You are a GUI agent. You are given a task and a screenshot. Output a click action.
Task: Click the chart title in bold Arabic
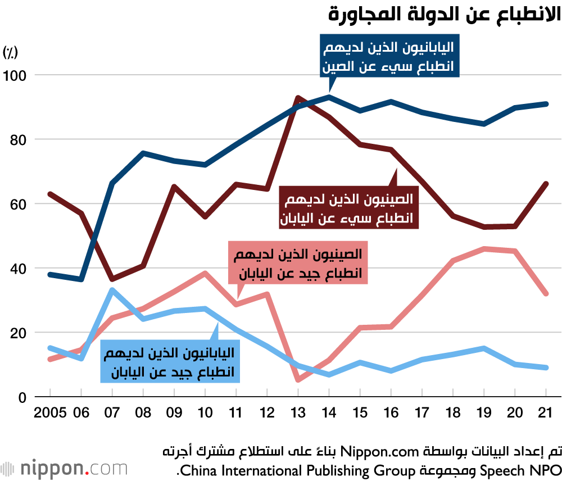(x=444, y=13)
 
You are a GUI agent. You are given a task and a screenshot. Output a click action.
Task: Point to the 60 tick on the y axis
(x=18, y=204)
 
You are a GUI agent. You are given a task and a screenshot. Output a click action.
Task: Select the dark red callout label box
(x=349, y=208)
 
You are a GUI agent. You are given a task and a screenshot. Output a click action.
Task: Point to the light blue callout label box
(x=169, y=362)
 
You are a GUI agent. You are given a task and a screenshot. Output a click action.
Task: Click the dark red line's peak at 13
(x=298, y=98)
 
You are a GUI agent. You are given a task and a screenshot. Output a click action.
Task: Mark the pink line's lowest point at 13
(x=298, y=380)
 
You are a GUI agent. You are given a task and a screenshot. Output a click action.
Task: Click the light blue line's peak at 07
(x=112, y=290)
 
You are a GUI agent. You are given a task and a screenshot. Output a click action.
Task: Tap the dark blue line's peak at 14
(x=329, y=97)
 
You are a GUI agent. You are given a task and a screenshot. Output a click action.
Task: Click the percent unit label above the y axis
(x=11, y=53)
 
